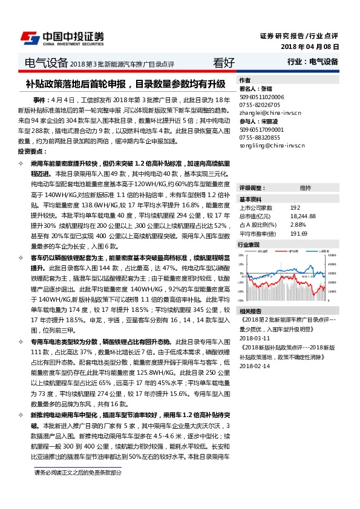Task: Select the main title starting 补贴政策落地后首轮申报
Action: coord(126,84)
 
